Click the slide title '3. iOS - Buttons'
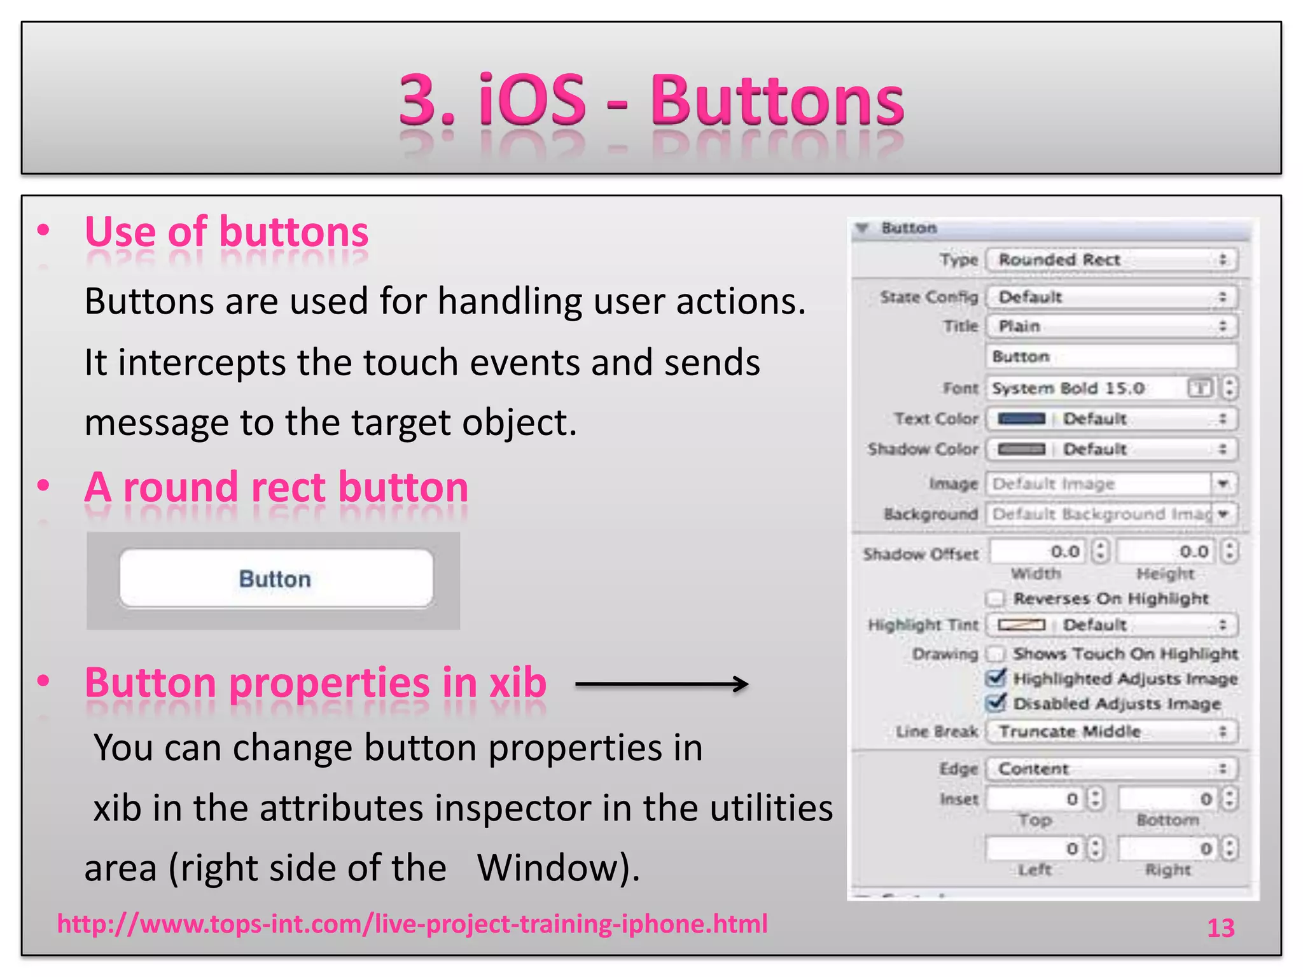coord(651,100)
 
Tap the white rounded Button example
coord(276,579)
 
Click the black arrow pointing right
coord(662,684)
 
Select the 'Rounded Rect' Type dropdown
coord(1111,260)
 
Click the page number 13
coord(1220,928)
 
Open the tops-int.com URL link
coord(412,924)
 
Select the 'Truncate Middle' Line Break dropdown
coord(1111,731)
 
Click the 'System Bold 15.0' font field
coord(1085,388)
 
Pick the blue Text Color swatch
coord(1021,419)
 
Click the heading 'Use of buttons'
coord(226,232)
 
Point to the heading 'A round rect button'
coord(276,487)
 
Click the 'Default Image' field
coord(1097,484)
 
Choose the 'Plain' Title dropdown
coord(1111,326)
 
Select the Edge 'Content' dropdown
coord(1111,769)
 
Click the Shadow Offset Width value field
coord(1037,551)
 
